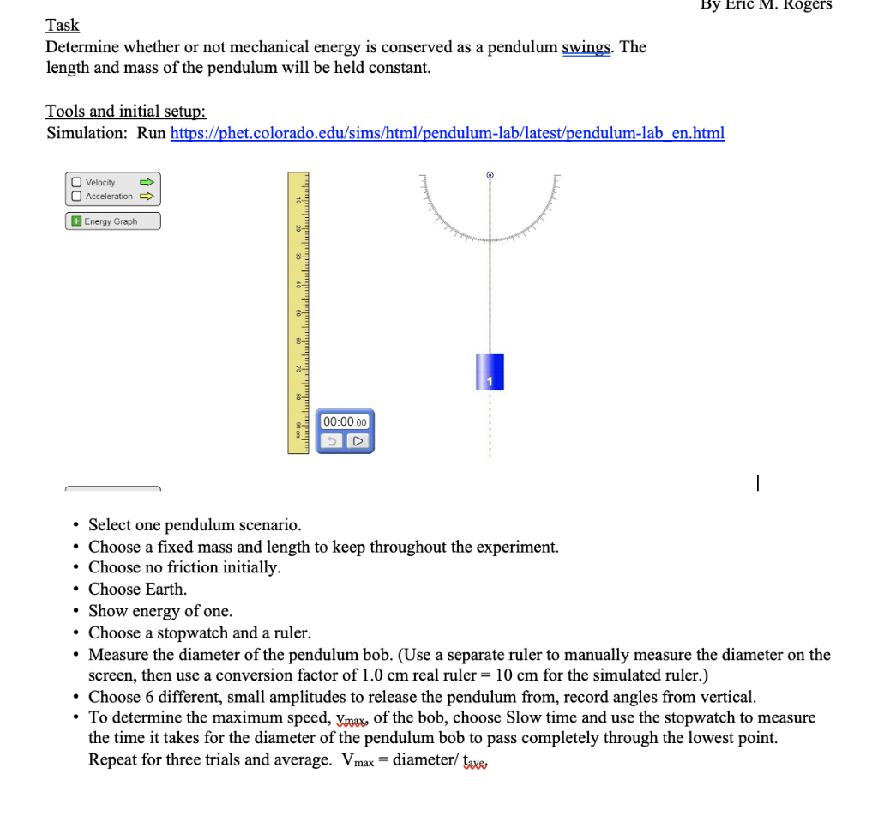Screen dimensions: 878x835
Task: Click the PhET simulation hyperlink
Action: coord(448,133)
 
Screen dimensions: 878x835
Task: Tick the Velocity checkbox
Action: coord(77,182)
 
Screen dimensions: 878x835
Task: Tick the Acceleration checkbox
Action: coord(77,196)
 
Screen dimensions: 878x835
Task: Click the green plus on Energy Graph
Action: coord(76,221)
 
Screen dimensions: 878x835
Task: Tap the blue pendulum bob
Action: coord(490,371)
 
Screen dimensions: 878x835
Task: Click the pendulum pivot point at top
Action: coord(490,175)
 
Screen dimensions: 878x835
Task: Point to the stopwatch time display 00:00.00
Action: coord(345,421)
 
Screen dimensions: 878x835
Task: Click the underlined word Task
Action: coord(63,26)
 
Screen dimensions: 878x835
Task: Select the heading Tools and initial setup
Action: coord(126,111)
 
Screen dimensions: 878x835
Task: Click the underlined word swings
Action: coord(586,47)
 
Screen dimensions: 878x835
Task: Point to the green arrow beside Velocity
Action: coord(147,182)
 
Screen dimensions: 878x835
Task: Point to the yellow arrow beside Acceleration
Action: coord(147,196)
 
